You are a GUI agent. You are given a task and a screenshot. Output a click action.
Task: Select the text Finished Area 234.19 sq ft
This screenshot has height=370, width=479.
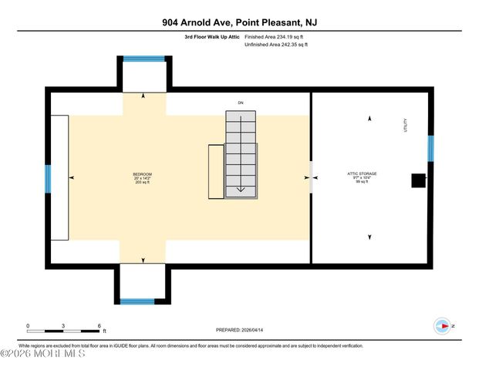coord(276,36)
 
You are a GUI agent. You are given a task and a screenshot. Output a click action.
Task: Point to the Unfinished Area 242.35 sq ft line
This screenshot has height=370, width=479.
coord(276,45)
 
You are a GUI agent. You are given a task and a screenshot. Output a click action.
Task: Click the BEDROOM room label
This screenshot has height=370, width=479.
coord(142,174)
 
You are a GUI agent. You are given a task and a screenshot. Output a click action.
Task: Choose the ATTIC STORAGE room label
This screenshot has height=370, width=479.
coord(362,174)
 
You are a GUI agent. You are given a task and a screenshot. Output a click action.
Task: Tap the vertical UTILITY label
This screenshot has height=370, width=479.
coord(404,126)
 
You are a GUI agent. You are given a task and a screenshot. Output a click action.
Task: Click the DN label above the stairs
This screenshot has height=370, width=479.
coord(239,102)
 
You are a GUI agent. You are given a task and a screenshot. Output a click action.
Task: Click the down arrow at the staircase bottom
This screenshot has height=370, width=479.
coord(241,187)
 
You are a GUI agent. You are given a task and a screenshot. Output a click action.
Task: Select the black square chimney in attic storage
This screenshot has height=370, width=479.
coord(417,180)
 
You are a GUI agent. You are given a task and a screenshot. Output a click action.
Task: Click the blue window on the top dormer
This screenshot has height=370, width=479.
coord(143,58)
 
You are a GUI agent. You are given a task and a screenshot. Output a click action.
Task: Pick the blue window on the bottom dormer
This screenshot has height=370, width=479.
coord(143,301)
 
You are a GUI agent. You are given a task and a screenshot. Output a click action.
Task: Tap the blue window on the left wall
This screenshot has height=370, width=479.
coord(49,178)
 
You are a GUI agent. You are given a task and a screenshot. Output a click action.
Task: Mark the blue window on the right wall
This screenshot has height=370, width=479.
coord(430,149)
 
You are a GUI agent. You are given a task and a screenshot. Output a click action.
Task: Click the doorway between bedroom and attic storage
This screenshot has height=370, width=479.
coord(311,177)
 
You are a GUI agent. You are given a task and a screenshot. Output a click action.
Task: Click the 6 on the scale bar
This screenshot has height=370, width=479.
coord(99,326)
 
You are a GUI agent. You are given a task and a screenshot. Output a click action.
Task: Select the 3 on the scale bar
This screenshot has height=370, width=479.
coord(63,326)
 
